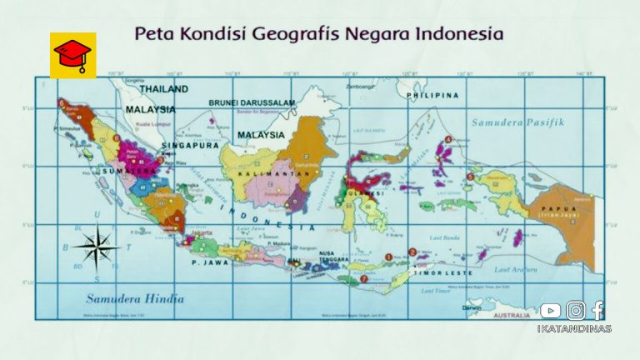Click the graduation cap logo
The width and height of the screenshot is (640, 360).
[72, 55]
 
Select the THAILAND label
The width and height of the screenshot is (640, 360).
[163, 88]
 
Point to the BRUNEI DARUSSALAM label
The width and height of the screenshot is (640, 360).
[252, 102]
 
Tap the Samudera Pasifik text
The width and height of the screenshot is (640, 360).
[518, 122]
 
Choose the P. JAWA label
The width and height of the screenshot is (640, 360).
[210, 262]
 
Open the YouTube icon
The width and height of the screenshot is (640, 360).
[550, 311]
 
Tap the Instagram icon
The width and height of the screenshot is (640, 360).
[576, 311]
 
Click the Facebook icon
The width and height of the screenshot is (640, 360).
[597, 310]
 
